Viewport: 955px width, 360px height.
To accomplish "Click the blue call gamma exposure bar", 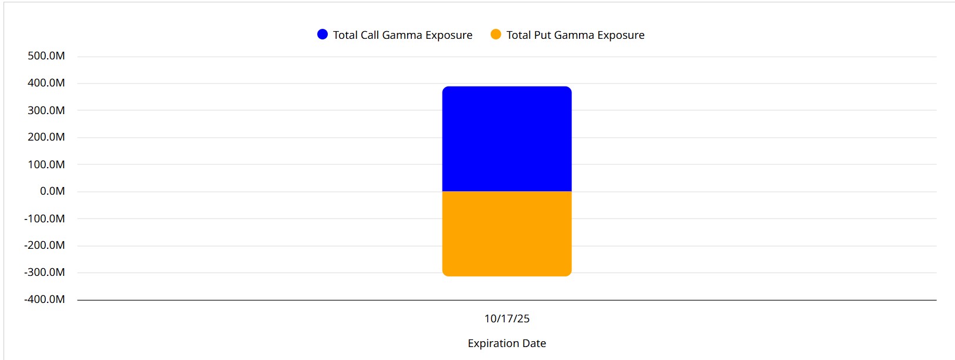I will point(507,139).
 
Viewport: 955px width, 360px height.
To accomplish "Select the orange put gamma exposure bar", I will point(507,234).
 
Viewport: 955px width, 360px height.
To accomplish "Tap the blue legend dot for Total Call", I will point(322,35).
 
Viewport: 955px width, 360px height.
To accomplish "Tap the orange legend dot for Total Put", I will point(496,35).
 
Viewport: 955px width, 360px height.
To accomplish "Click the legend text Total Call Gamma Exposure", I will point(402,35).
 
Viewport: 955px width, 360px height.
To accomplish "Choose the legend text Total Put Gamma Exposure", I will point(575,35).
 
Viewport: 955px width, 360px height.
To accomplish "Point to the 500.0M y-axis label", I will point(46,56).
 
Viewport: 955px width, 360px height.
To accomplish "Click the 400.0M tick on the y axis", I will point(46,83).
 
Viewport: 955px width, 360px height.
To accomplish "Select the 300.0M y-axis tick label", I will point(46,110).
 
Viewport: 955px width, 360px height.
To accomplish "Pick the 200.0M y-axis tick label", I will point(46,137).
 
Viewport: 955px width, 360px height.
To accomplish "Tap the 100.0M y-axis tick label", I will point(46,164).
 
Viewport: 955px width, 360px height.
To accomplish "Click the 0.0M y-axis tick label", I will point(52,191).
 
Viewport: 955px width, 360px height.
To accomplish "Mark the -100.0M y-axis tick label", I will point(45,218).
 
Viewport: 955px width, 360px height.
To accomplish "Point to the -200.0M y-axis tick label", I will point(45,245).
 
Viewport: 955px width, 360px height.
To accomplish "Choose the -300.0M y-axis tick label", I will point(45,272).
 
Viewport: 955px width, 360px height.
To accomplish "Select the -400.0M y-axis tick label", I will point(45,299).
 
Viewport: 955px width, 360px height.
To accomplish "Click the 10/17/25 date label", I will point(507,319).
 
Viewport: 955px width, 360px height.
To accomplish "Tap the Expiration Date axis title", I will point(507,344).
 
